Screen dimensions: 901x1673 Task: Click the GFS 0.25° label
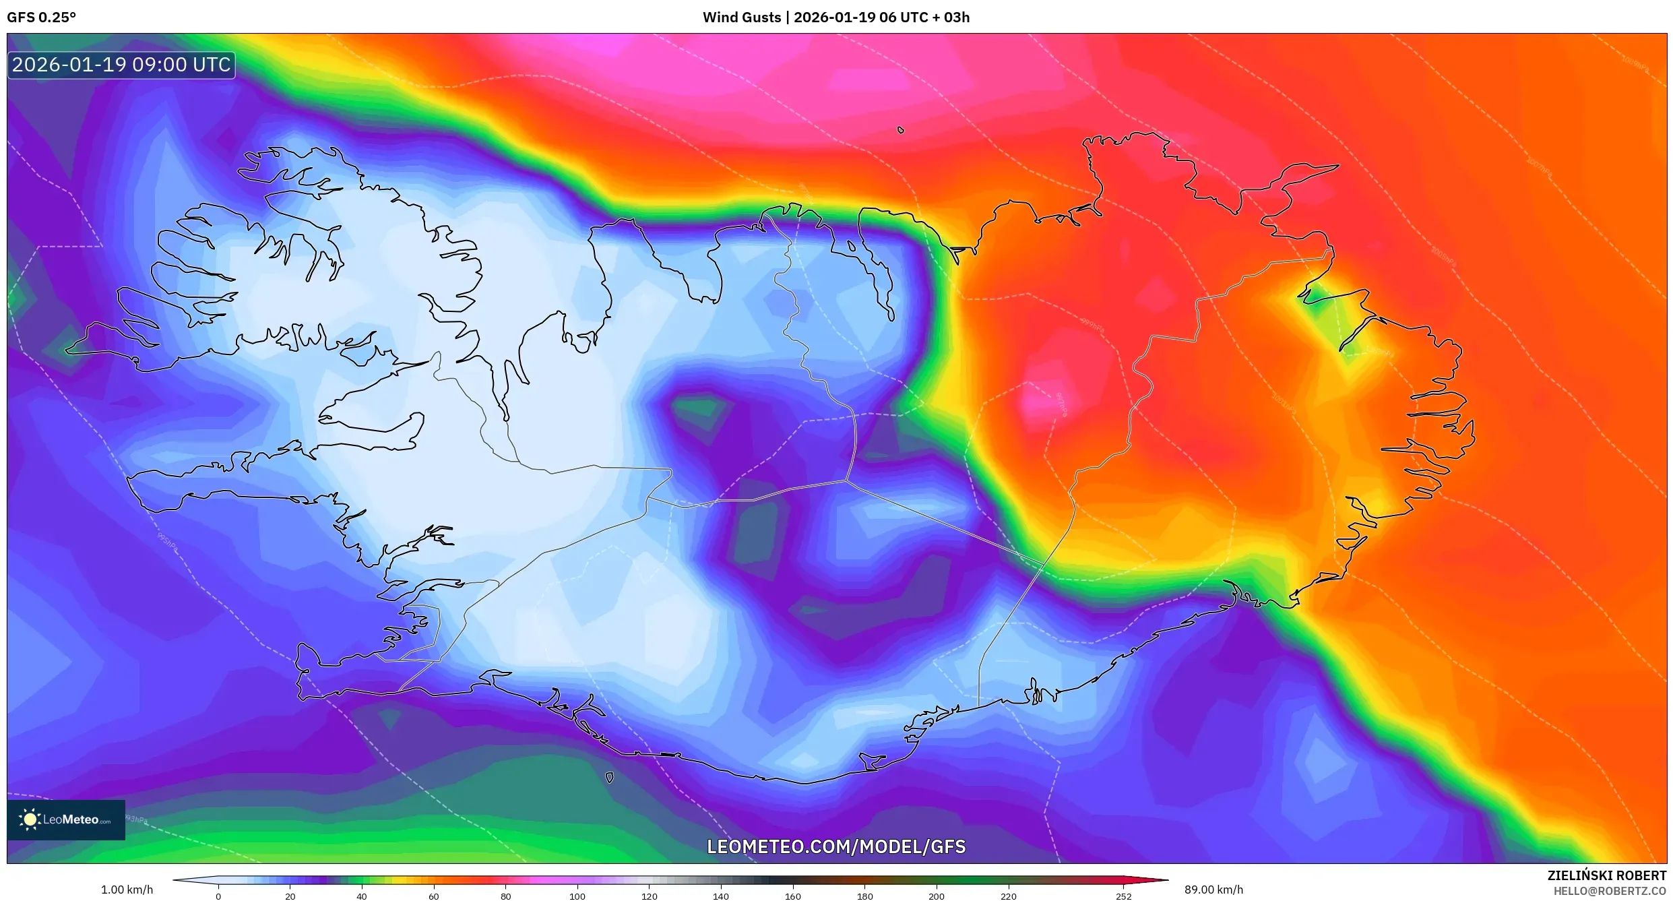(41, 18)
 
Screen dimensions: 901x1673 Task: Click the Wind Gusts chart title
(835, 18)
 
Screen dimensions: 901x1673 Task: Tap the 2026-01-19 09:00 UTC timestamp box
(121, 65)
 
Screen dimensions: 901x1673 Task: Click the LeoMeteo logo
(66, 819)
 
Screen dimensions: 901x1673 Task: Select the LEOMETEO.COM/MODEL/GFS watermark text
(835, 846)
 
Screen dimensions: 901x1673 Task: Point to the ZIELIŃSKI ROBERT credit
(1606, 875)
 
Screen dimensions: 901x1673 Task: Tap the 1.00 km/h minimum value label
(127, 890)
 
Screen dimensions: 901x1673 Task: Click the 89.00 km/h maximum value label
(1213, 890)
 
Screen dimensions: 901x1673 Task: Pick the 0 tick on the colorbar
(218, 896)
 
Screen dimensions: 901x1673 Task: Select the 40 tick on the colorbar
(362, 896)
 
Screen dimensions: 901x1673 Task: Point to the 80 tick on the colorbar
(505, 896)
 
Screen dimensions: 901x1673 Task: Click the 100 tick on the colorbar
(577, 896)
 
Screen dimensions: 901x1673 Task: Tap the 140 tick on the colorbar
(721, 896)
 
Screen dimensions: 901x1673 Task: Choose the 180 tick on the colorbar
(864, 896)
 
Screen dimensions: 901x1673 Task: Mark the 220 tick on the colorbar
(1008, 896)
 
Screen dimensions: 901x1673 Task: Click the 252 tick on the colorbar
(1123, 896)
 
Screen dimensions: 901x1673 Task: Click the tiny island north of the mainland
(901, 130)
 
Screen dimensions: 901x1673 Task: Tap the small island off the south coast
(609, 778)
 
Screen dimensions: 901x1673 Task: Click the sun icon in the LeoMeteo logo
(30, 819)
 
